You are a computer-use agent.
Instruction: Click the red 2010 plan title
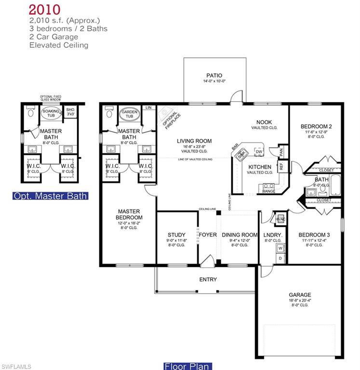(x=44, y=9)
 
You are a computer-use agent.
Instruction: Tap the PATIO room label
(x=214, y=76)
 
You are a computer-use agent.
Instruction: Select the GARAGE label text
(x=300, y=295)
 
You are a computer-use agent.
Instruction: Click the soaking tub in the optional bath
(x=51, y=114)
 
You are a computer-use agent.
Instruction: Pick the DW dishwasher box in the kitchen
(x=259, y=151)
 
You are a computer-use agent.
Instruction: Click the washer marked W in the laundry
(x=280, y=249)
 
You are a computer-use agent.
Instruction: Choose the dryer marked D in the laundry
(x=280, y=259)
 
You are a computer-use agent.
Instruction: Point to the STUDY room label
(x=176, y=235)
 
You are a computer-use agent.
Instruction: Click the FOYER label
(x=208, y=235)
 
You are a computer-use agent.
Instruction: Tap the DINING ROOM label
(x=240, y=235)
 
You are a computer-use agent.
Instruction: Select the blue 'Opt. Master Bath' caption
(x=51, y=196)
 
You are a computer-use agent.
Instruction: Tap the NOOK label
(x=265, y=122)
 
